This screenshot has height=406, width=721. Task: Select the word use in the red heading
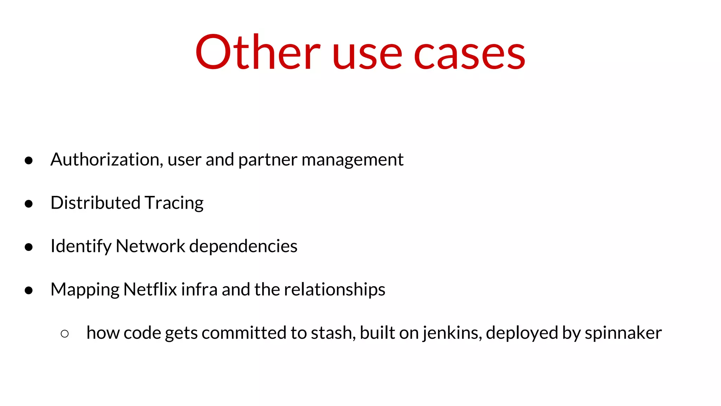pyautogui.click(x=366, y=55)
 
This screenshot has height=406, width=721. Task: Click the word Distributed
pyautogui.click(x=95, y=203)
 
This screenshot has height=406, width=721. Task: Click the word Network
pyautogui.click(x=150, y=246)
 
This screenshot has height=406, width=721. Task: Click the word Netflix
pyautogui.click(x=150, y=289)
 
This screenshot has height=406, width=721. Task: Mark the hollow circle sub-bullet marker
pyautogui.click(x=64, y=334)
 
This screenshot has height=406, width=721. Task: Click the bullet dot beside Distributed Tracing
pyautogui.click(x=29, y=204)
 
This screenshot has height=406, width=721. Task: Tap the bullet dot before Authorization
pyautogui.click(x=29, y=161)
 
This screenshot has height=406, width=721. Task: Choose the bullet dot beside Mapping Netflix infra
pyautogui.click(x=29, y=290)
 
